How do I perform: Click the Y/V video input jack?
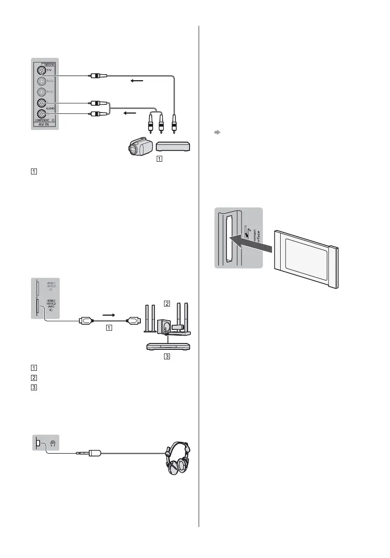pyautogui.click(x=42, y=71)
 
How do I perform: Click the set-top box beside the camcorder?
pyautogui.click(x=173, y=146)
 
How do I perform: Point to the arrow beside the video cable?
pyautogui.click(x=137, y=82)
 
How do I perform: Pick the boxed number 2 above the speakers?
pyautogui.click(x=168, y=303)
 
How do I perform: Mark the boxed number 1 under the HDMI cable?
pyautogui.click(x=108, y=327)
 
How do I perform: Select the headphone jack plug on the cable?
pyautogui.click(x=91, y=453)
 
